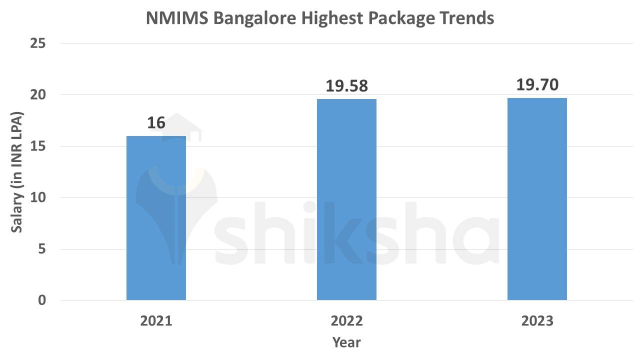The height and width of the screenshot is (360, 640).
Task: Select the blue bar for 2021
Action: coord(156,218)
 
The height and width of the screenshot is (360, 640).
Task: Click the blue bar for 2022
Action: coord(346,199)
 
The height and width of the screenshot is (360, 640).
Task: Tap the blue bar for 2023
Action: coord(537,199)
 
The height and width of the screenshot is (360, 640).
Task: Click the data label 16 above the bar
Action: coord(156,123)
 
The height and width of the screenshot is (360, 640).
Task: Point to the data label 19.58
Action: coord(346,86)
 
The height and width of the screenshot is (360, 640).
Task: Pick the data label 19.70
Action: coord(537,85)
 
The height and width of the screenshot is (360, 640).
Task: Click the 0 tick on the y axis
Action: coord(41,300)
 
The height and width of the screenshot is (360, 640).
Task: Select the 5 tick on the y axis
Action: coord(41,249)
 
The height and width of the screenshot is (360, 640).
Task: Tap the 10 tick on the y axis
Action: coord(37,198)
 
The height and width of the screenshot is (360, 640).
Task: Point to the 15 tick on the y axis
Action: coord(37,146)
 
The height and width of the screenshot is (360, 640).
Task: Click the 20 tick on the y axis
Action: coord(37,95)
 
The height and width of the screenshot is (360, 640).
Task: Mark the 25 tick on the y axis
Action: coord(37,44)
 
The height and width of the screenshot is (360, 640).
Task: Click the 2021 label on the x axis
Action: coord(156,320)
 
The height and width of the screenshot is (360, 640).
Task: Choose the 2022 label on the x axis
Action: coord(346,320)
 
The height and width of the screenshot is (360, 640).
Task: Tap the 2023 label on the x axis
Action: coord(537,320)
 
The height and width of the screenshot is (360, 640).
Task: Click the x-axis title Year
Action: coord(346,342)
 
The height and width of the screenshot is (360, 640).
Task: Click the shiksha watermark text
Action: coord(350,232)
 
